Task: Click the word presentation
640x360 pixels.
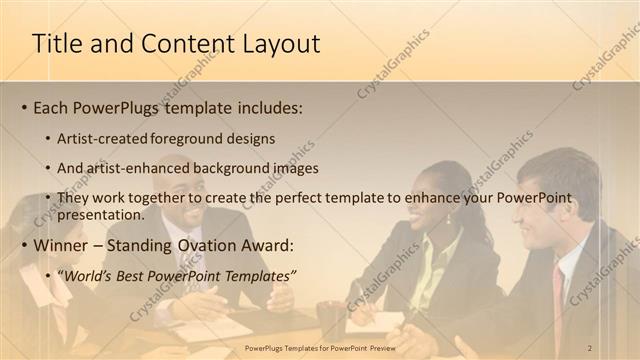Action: coord(102,214)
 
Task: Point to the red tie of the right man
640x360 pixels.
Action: coord(559,300)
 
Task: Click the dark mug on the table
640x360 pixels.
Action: coord(330,318)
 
